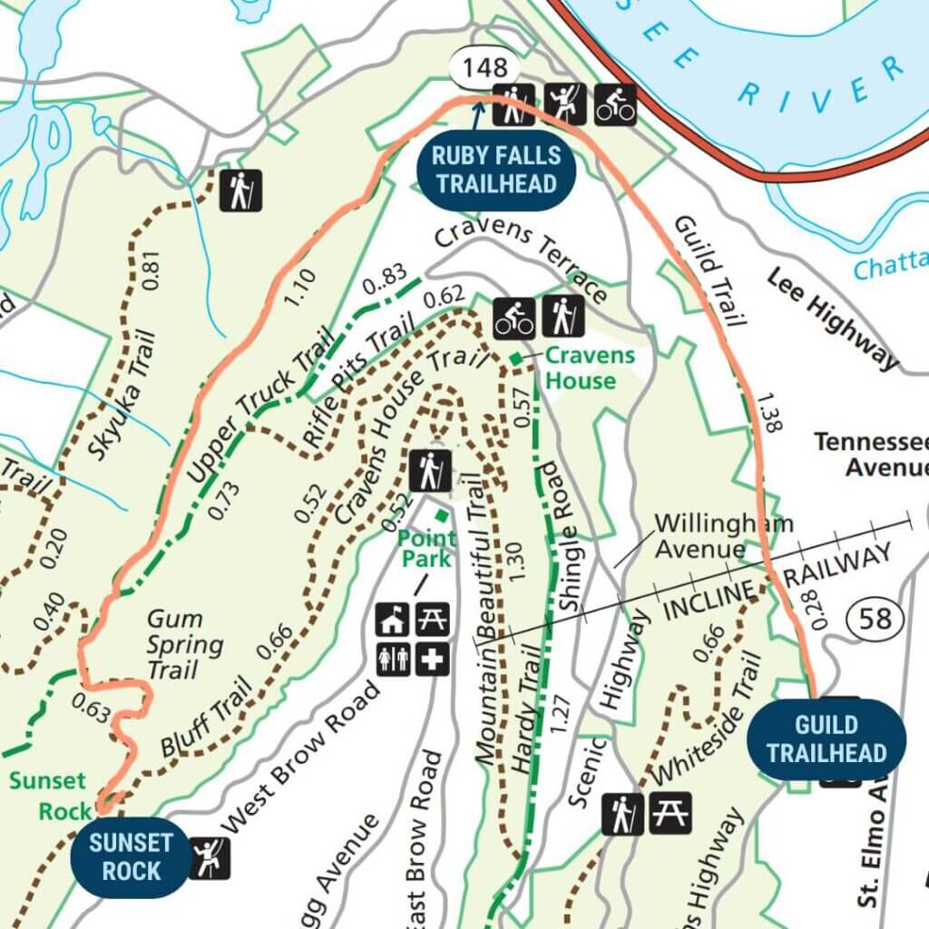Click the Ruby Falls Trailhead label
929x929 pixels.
tap(495, 170)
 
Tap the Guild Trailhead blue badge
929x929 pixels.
tap(826, 738)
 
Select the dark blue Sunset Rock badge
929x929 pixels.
tap(131, 856)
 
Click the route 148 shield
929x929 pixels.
tap(485, 68)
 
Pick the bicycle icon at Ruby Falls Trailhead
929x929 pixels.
tap(615, 103)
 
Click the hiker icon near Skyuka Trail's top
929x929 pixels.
tap(240, 191)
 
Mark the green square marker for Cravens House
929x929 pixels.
tap(515, 360)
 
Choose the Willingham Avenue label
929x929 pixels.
tap(722, 536)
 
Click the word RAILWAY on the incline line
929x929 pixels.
tap(838, 562)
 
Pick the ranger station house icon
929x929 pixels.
tap(393, 621)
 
